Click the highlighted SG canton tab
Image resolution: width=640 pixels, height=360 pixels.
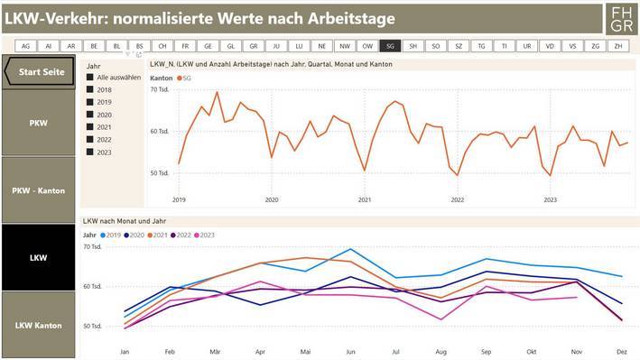(x=390, y=46)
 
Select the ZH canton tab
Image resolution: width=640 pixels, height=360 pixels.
(x=617, y=46)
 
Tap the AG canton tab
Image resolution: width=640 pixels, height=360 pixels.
(x=25, y=46)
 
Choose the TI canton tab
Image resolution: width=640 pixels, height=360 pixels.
(x=504, y=46)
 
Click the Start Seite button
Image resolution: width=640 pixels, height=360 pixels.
(x=40, y=72)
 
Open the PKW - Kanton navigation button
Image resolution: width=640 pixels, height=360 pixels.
(x=38, y=189)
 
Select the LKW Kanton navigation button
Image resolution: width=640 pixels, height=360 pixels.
(x=38, y=325)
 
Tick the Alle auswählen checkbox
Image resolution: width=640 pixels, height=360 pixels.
(x=90, y=78)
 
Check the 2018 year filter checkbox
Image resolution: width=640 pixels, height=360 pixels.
(x=90, y=90)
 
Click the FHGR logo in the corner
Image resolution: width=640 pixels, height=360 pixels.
(x=621, y=18)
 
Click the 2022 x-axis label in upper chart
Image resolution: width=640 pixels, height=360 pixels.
(x=457, y=199)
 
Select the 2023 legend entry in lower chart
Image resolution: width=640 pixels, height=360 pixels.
(x=204, y=235)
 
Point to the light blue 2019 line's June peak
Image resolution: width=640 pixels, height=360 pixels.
(x=351, y=249)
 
